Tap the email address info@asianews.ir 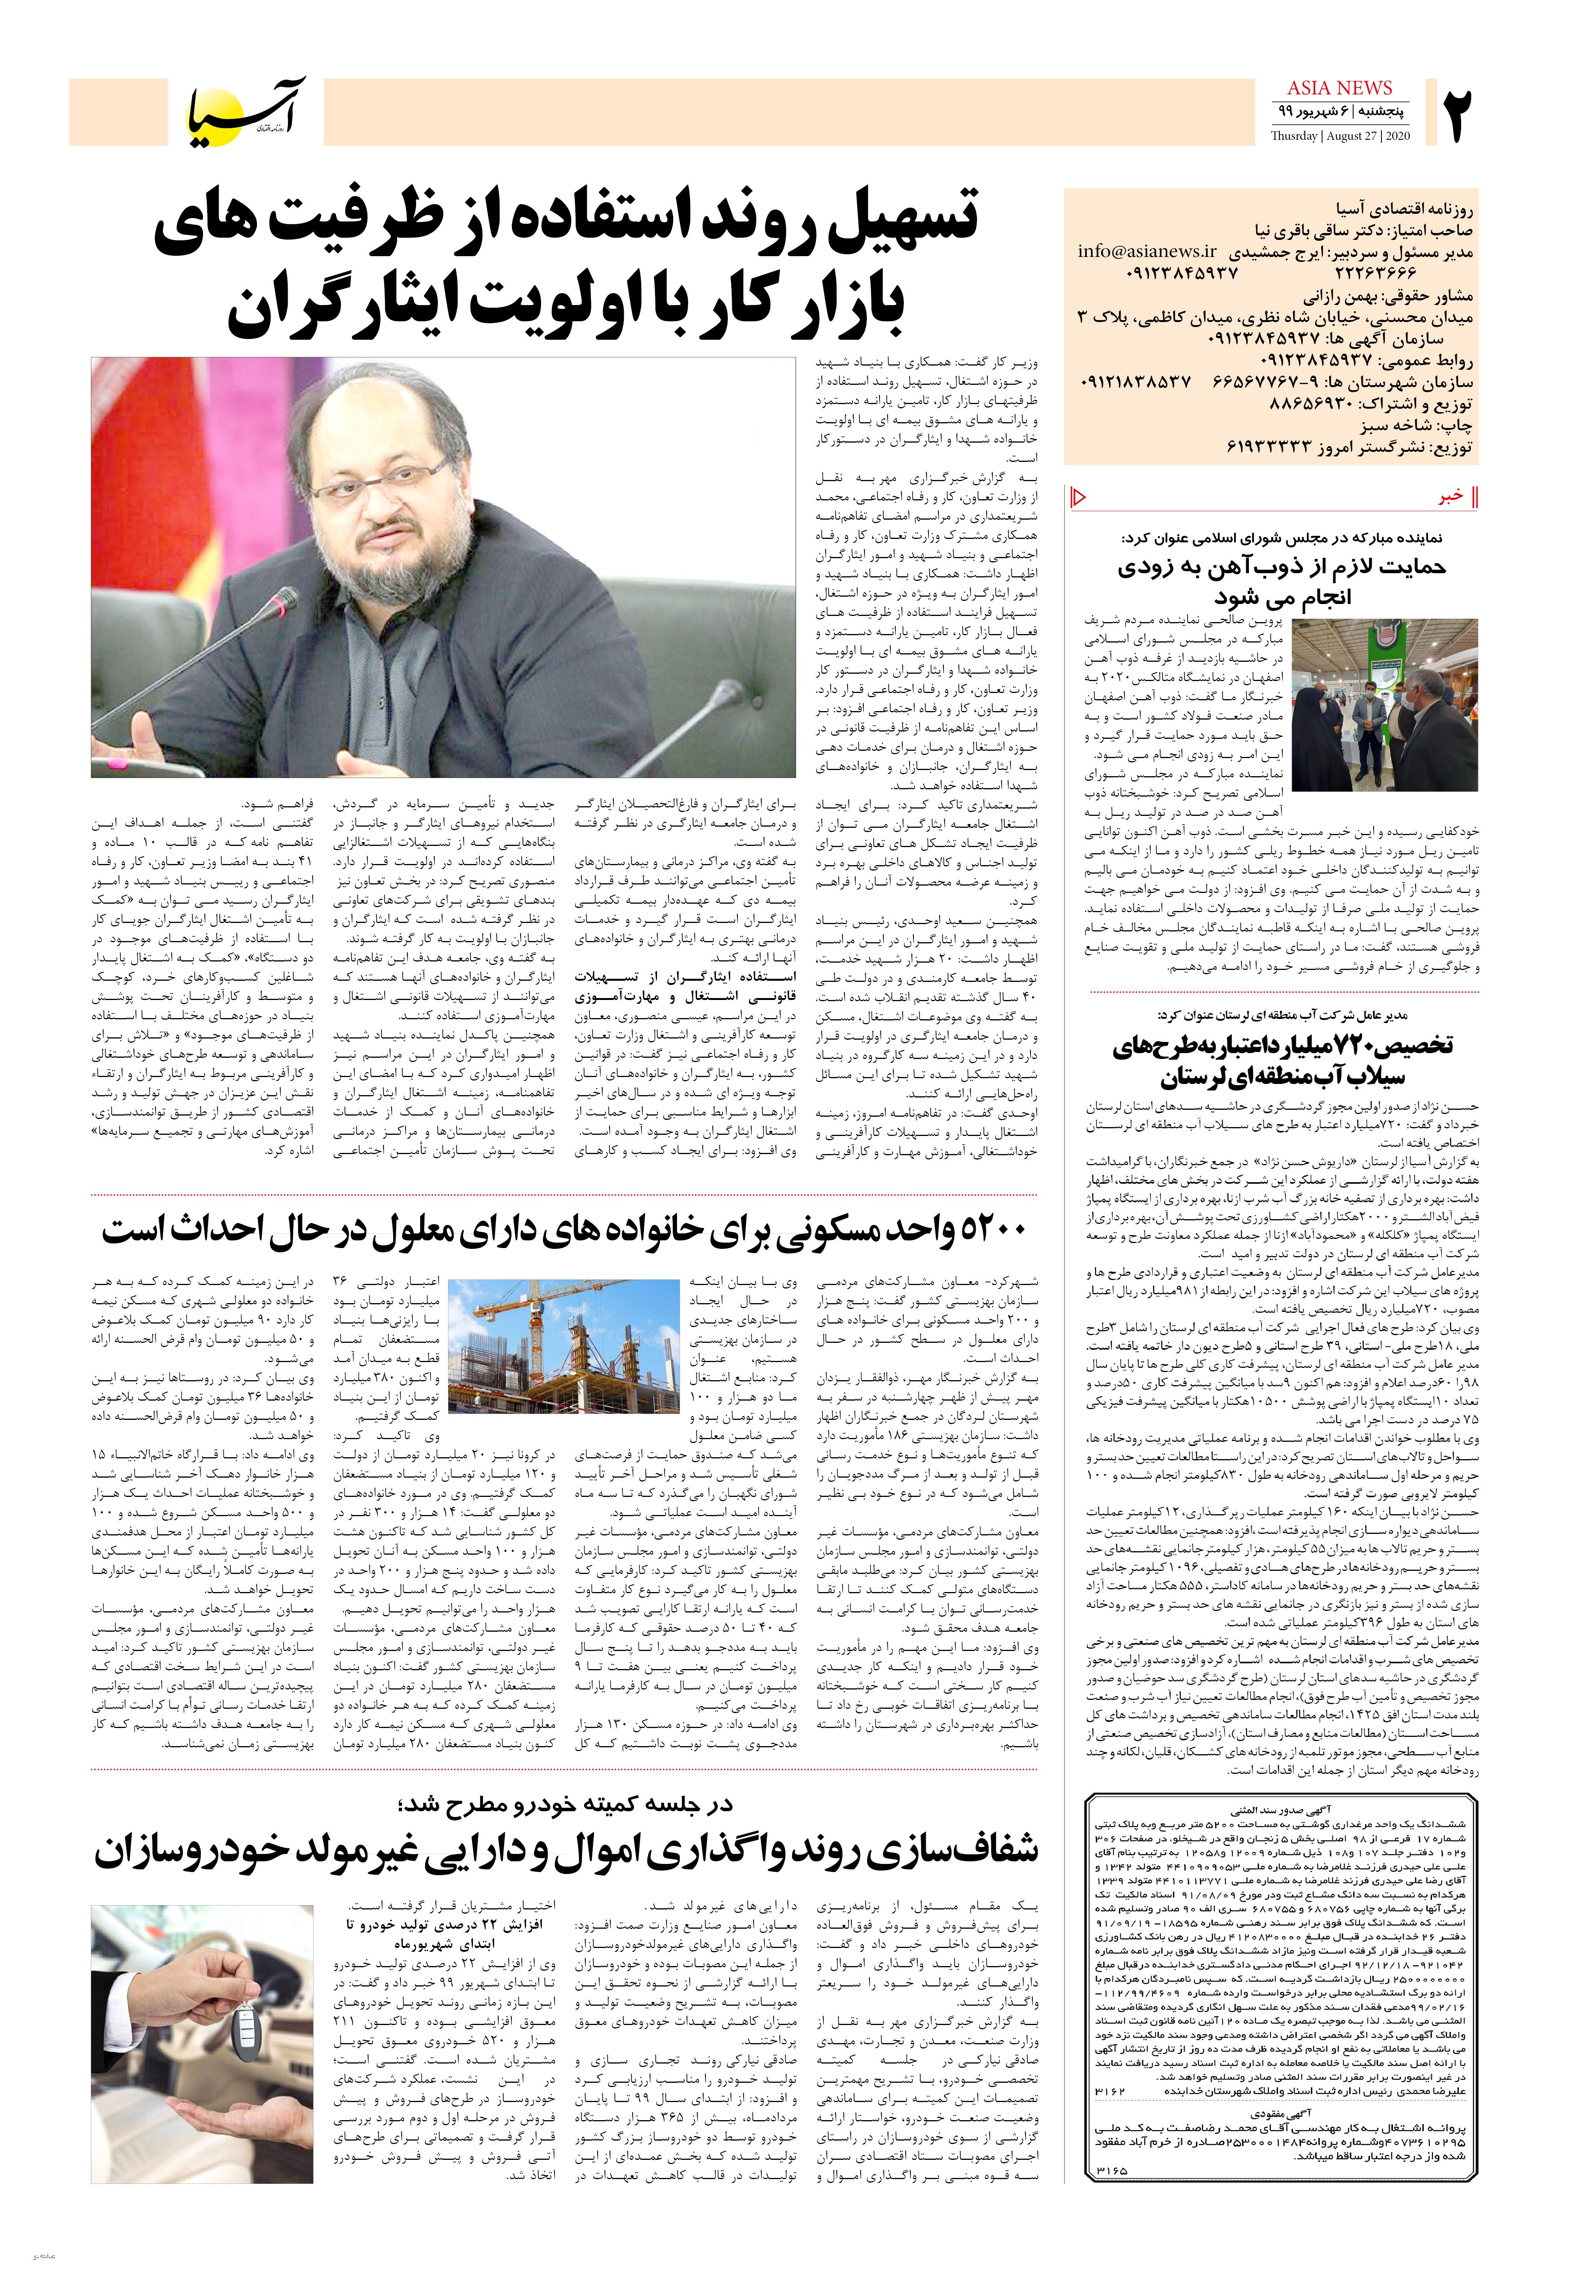coord(1147,251)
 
